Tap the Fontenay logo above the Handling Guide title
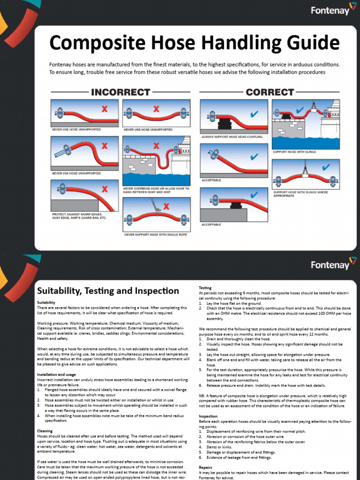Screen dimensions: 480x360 330,10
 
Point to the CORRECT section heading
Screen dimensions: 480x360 270,92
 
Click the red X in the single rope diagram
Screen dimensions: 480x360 166,206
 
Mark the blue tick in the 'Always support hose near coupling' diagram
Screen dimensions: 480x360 255,114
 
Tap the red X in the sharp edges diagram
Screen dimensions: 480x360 105,189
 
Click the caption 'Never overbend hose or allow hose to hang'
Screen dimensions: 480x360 156,190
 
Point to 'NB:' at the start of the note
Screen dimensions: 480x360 202,396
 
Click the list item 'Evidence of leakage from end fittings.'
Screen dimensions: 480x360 239,457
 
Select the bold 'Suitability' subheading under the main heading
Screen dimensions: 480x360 46,302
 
